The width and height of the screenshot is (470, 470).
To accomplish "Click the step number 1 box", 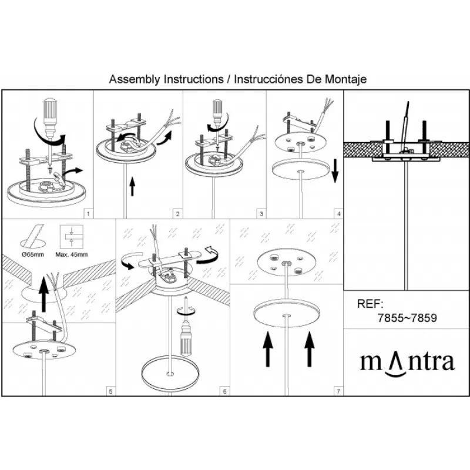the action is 88,214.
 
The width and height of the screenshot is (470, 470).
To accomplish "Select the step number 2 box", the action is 178,214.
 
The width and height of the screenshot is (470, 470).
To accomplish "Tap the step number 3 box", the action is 261,214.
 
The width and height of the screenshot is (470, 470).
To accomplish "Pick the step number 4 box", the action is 339,214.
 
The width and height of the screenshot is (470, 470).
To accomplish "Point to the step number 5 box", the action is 111,391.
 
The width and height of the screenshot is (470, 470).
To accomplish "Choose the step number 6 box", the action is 225,391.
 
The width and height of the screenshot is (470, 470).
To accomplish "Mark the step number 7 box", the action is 339,391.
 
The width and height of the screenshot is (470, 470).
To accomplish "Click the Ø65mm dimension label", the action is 33,254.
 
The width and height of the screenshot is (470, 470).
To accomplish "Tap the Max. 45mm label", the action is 72,254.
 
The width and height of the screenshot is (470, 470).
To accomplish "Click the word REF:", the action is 370,304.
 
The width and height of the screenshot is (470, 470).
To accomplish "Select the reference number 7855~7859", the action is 407,318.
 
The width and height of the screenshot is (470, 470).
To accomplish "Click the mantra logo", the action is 407,363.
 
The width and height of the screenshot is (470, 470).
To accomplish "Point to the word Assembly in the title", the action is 135,79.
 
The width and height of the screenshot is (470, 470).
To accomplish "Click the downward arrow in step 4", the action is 335,171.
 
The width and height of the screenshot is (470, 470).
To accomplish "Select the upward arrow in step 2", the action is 132,186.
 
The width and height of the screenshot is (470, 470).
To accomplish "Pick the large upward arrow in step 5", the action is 44,294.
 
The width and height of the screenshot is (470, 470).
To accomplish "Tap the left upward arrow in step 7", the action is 268,350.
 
